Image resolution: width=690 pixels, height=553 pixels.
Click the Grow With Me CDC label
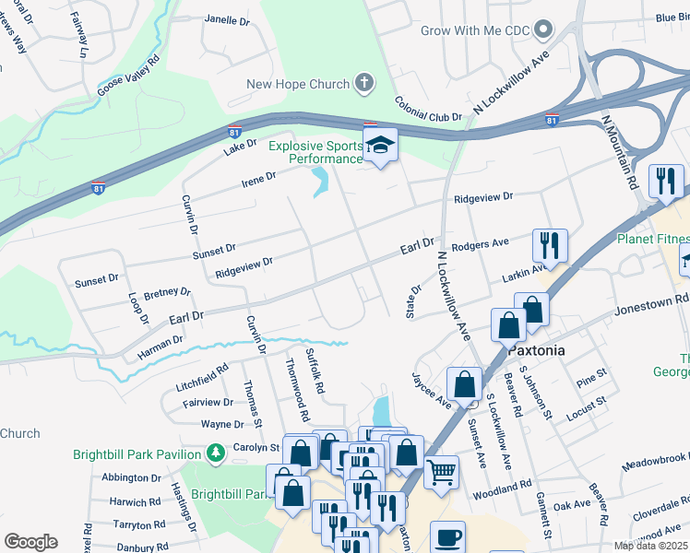click(475, 30)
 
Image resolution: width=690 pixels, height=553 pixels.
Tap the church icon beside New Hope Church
click(364, 85)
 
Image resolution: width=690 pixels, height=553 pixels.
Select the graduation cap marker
click(378, 146)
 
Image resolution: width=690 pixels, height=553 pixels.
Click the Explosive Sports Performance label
click(315, 152)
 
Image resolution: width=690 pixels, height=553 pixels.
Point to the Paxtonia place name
click(536, 352)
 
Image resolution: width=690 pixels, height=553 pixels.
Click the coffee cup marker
click(447, 537)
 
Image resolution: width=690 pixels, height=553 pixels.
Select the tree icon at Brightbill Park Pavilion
click(214, 453)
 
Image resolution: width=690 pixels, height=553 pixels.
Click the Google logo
click(30, 541)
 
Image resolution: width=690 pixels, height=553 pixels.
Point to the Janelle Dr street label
click(227, 19)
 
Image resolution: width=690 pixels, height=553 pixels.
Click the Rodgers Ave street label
click(480, 243)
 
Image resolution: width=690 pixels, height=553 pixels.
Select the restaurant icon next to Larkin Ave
click(549, 245)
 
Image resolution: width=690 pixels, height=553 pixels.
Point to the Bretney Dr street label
click(166, 292)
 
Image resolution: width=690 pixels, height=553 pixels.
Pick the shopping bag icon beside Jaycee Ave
click(465, 383)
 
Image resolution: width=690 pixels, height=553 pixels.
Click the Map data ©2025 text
click(649, 546)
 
